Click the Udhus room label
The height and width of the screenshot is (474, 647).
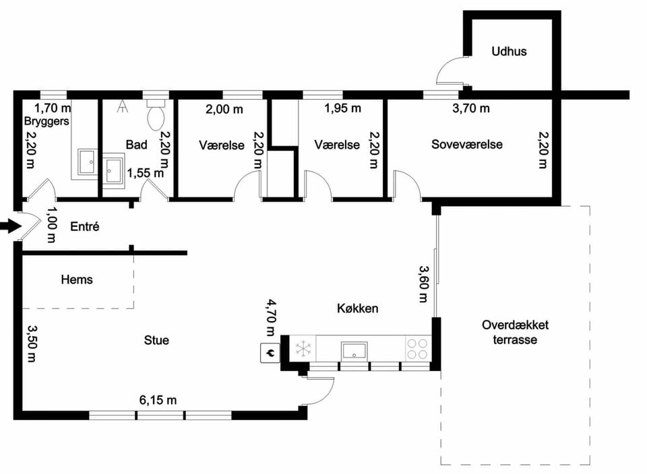click(x=509, y=52)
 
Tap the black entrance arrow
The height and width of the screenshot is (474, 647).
click(x=11, y=226)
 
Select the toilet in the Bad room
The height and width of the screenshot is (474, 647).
click(x=156, y=115)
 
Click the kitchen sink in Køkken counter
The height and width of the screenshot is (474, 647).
click(x=354, y=351)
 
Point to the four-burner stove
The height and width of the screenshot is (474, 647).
click(x=417, y=349)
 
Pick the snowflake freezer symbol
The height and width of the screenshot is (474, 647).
click(x=303, y=349)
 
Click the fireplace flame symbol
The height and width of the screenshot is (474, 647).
click(x=270, y=353)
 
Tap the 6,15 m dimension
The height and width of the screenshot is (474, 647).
click(x=158, y=400)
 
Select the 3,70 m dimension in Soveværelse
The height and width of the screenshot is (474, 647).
click(x=471, y=108)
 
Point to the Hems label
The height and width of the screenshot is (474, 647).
click(x=77, y=279)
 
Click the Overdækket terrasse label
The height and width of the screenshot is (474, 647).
click(x=515, y=332)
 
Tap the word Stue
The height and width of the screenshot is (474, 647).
click(x=156, y=340)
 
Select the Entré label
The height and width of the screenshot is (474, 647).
click(x=85, y=226)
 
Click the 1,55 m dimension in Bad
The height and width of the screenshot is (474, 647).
click(x=146, y=173)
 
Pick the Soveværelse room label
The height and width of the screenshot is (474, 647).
click(x=466, y=144)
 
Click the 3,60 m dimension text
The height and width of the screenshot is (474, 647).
click(x=423, y=284)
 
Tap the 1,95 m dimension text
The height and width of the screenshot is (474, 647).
click(x=342, y=108)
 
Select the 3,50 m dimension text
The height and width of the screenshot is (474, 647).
click(x=32, y=343)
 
